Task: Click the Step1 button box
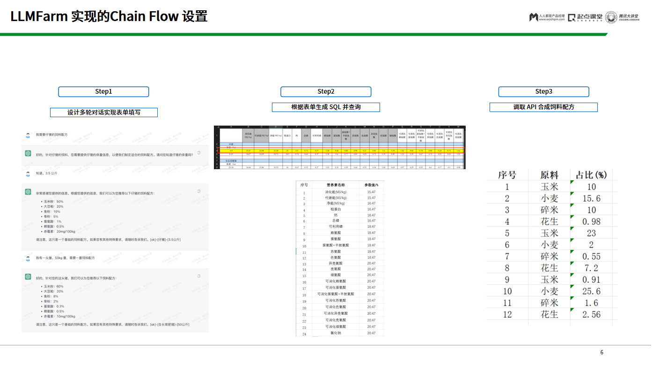click(103, 92)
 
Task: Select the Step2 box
click(326, 92)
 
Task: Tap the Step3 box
click(543, 92)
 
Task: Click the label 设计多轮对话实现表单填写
click(104, 112)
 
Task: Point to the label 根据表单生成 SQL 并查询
click(326, 107)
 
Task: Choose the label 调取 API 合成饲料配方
click(543, 107)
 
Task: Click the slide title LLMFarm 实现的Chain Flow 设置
click(109, 16)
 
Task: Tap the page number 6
click(602, 352)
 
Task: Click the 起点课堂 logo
click(585, 17)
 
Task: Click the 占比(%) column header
click(591, 175)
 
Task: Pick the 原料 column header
click(549, 175)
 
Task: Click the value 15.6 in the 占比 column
click(591, 198)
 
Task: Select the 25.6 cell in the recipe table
click(591, 291)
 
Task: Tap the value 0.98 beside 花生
click(591, 221)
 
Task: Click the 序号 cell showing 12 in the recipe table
click(507, 314)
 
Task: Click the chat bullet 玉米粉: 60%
click(53, 286)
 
